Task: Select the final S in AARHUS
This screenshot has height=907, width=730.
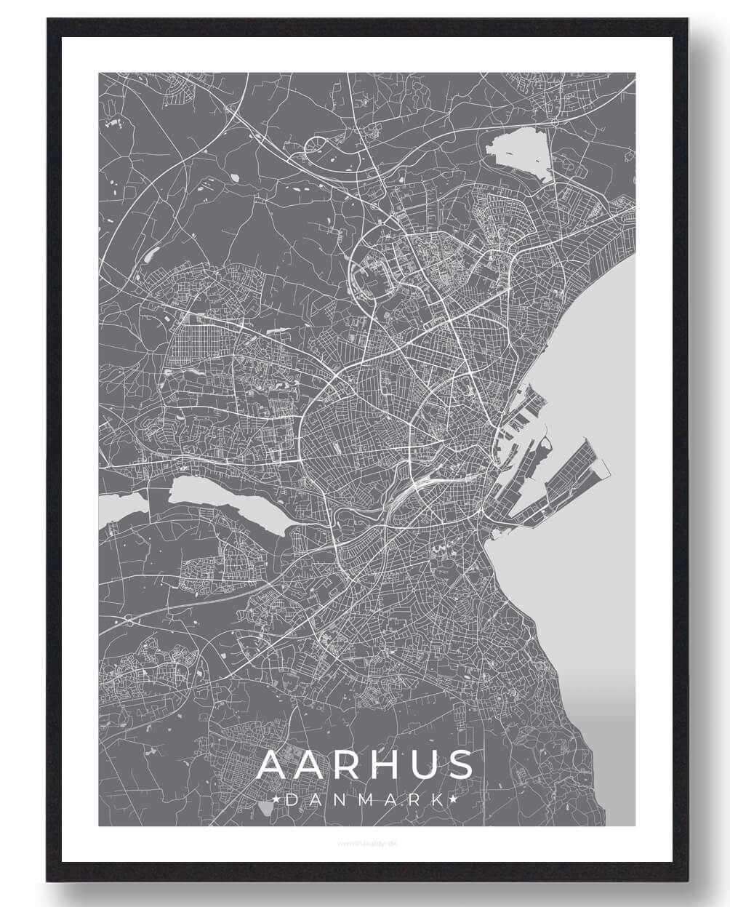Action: click(x=460, y=765)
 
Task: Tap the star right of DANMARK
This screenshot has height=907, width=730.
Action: click(x=454, y=800)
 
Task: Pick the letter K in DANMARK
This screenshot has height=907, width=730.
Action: click(x=437, y=800)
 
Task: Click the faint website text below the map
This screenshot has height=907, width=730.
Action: click(x=366, y=844)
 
